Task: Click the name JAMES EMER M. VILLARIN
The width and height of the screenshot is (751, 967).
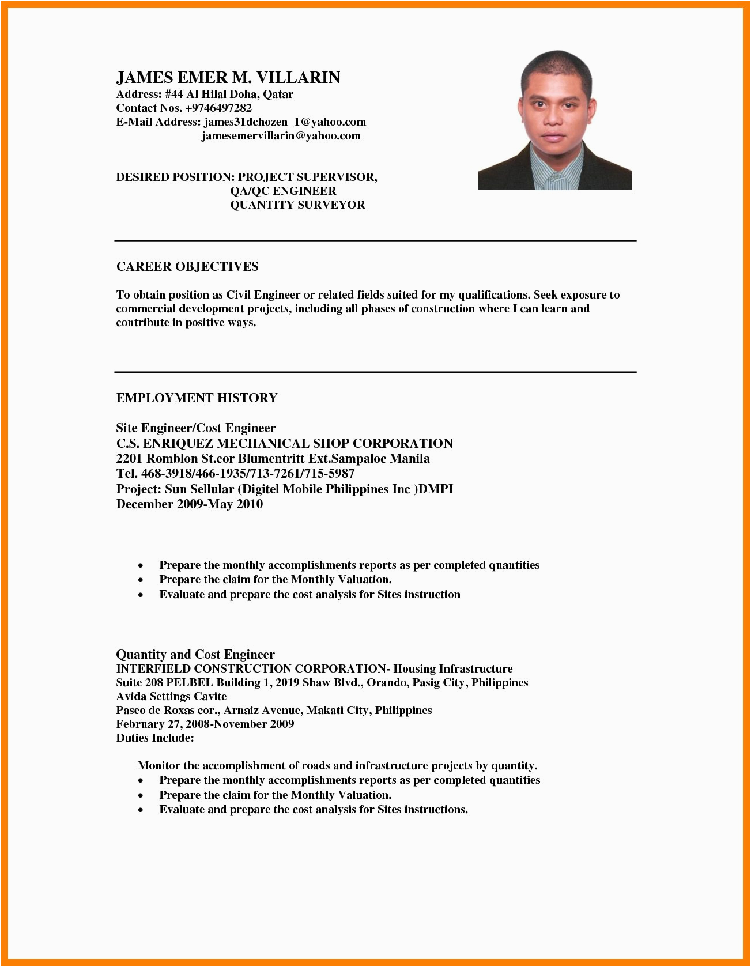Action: pos(228,78)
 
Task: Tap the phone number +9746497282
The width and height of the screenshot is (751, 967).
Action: pos(218,108)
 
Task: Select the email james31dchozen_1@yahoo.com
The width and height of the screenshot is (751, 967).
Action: pos(285,122)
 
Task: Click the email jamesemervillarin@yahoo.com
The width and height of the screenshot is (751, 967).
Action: pos(281,136)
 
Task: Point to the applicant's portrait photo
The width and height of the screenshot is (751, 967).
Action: pos(554,120)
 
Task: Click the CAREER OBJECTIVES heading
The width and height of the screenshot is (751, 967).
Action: pos(187,267)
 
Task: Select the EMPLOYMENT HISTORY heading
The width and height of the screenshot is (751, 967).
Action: pos(197,398)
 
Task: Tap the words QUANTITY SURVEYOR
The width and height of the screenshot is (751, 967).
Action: pos(297,205)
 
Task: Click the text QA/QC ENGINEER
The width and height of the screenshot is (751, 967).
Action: pos(283,191)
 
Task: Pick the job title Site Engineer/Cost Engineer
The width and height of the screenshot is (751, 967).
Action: pos(196,428)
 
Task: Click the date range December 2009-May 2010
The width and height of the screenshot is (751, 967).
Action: pos(189,504)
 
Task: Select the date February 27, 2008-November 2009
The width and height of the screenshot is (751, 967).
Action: pos(205,724)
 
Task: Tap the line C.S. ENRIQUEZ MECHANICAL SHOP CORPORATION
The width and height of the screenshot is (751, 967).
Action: pos(284,444)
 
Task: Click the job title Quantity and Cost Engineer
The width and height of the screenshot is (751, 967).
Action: pos(195,655)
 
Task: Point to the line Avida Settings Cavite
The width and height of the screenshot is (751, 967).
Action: pos(171,697)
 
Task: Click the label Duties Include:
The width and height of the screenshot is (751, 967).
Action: pos(155,738)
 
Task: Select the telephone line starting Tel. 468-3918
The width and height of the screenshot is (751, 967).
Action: pos(235,474)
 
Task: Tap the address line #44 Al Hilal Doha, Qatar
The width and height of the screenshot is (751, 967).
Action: pos(229,95)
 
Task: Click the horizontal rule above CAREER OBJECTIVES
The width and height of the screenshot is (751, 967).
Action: pos(375,241)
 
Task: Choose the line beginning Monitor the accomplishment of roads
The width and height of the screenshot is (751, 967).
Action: pos(337,766)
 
